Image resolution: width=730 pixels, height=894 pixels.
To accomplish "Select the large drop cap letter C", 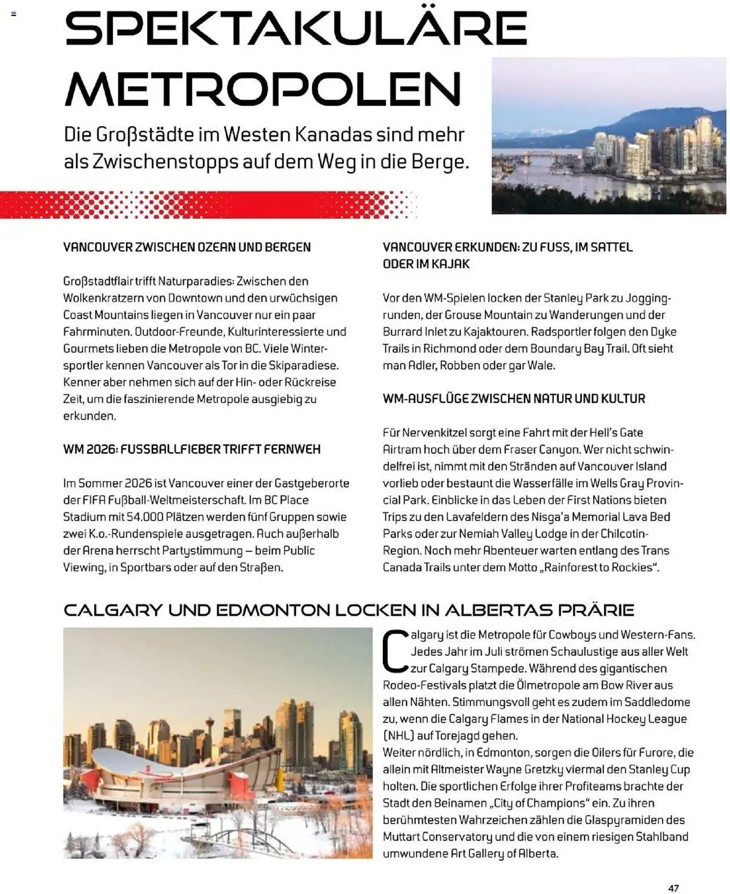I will coord(396,651).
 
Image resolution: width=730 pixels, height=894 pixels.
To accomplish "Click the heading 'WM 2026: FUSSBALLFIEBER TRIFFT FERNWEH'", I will coord(192,449).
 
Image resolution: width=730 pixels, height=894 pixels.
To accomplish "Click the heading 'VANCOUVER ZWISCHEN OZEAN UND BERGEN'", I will coord(187,247).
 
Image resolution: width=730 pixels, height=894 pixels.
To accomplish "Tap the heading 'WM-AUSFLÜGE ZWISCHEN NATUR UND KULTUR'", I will coord(514,399).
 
